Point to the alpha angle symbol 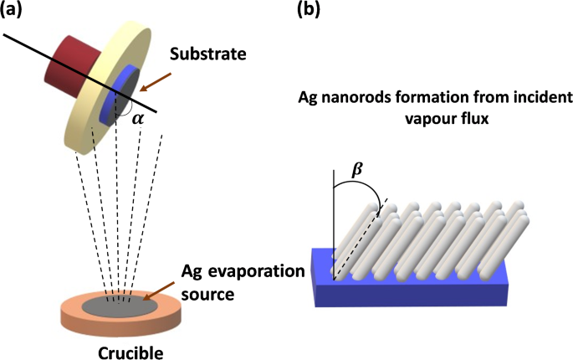coord(139,119)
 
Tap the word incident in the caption coord(492,98)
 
